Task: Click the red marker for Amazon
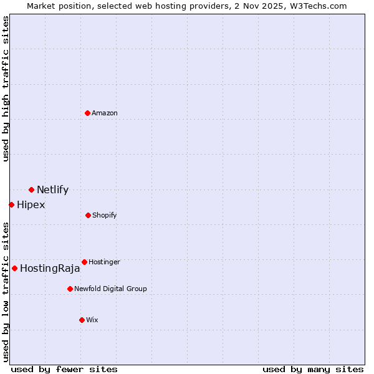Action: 88,113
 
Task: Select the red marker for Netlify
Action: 31,189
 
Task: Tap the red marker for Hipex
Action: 11,204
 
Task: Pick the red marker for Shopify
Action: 88,215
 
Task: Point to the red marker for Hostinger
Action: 84,262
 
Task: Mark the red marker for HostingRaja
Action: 14,268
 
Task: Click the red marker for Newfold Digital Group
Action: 70,289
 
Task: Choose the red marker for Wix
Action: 82,320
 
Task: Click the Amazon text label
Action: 105,113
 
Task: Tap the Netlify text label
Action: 52,190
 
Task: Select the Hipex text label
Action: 31,205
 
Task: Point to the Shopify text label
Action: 105,216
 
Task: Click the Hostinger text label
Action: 104,262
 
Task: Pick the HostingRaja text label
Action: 50,269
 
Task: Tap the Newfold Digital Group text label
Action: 110,289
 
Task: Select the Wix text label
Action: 92,320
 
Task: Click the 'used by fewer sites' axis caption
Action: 64,369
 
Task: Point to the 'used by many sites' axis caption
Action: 313,369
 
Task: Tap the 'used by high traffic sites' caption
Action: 6,89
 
